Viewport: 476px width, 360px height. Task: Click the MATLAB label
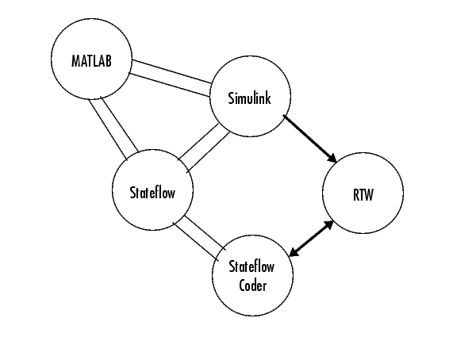[x=91, y=61]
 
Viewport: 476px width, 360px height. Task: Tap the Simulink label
[x=250, y=98]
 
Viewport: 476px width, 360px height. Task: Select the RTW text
[x=363, y=194]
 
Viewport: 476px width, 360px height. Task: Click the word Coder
[x=252, y=285]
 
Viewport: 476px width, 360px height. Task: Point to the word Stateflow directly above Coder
[x=251, y=266]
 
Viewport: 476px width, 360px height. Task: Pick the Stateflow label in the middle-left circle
[x=152, y=193]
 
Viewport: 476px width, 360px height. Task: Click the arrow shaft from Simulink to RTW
[x=309, y=139]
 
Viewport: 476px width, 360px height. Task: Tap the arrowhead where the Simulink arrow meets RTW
[x=332, y=159]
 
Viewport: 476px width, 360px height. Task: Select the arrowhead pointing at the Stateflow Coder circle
[x=294, y=251]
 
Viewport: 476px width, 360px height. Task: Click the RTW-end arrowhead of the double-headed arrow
[x=328, y=225]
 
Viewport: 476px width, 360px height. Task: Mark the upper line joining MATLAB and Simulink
[x=172, y=71]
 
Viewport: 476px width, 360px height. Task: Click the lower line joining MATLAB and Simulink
[x=170, y=85]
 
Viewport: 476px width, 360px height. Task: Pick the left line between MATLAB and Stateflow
[x=108, y=129]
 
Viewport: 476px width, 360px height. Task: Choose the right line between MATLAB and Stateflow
[x=120, y=124]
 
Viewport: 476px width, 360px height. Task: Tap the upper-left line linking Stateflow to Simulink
[x=198, y=141]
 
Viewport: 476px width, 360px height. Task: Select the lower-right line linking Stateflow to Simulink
[x=208, y=152]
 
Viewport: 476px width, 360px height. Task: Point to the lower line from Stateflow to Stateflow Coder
[x=195, y=241]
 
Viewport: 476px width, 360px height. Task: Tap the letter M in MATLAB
[x=75, y=61]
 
